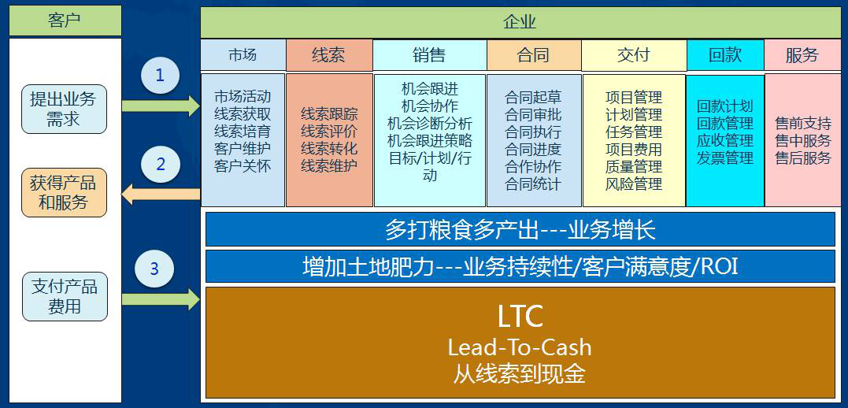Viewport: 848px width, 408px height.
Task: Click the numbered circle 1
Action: pyautogui.click(x=160, y=76)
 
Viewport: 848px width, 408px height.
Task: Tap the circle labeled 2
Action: pyautogui.click(x=161, y=164)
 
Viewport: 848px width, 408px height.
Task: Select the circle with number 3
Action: pyautogui.click(x=154, y=269)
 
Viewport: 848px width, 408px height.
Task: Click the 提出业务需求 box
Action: pyautogui.click(x=64, y=109)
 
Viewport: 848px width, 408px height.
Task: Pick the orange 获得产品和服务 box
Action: pyautogui.click(x=64, y=193)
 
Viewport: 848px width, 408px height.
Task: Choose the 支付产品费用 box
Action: pyautogui.click(x=65, y=296)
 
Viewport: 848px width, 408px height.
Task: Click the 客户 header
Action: pyautogui.click(x=65, y=20)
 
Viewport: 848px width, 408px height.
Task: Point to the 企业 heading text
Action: pyautogui.click(x=519, y=22)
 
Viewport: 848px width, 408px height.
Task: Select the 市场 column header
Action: pyautogui.click(x=243, y=54)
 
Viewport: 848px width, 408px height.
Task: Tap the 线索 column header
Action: pyautogui.click(x=329, y=54)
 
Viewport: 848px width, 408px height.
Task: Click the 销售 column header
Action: pyautogui.click(x=429, y=54)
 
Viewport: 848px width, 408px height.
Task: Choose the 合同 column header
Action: pyautogui.click(x=534, y=54)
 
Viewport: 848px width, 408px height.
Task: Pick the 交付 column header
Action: pyautogui.click(x=633, y=54)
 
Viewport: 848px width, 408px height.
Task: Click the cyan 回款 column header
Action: pyautogui.click(x=725, y=54)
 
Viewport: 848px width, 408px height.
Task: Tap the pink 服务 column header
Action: pyautogui.click(x=802, y=54)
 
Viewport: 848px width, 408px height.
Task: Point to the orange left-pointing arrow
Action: pyautogui.click(x=161, y=195)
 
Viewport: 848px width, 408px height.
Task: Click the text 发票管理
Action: pyautogui.click(x=724, y=158)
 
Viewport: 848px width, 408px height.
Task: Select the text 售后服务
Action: pyautogui.click(x=803, y=158)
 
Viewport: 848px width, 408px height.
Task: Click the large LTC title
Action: pyautogui.click(x=520, y=317)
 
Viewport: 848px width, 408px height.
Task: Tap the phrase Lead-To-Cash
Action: pyautogui.click(x=520, y=347)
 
